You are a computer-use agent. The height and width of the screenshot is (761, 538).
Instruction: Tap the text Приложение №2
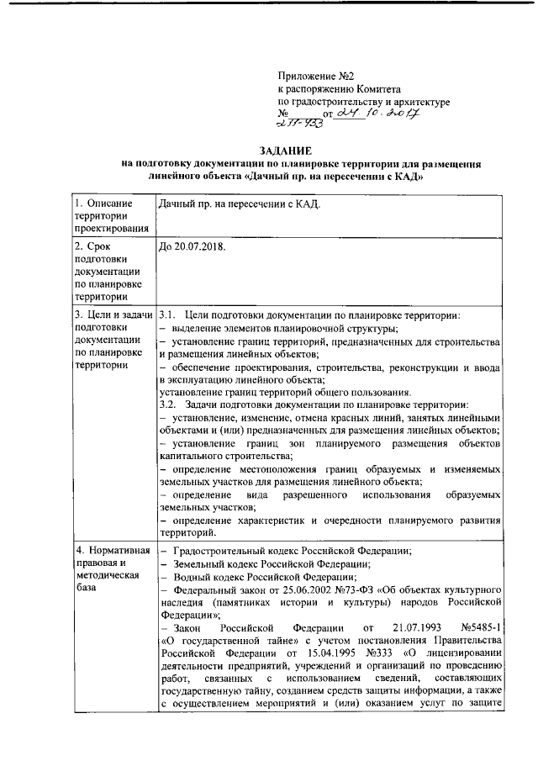(x=312, y=75)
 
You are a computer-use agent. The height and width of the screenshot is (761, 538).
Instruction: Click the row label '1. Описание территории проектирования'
(x=110, y=214)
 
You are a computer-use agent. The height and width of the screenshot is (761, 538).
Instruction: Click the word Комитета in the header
(x=376, y=88)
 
